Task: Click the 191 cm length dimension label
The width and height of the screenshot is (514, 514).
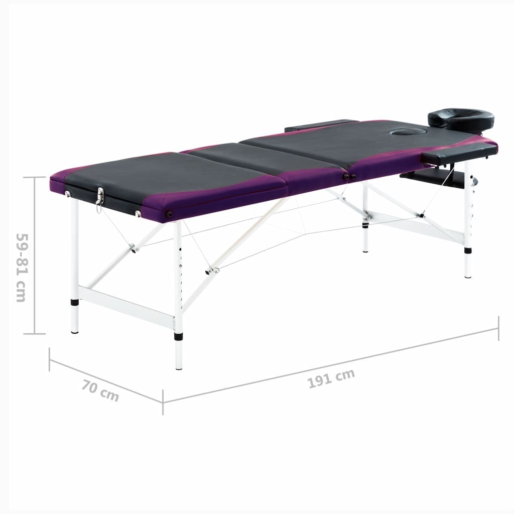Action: (x=331, y=378)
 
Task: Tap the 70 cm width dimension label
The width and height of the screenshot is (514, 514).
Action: (x=100, y=391)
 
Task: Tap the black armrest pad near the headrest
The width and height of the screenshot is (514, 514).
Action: (x=459, y=152)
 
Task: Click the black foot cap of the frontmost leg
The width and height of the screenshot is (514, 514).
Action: (x=178, y=336)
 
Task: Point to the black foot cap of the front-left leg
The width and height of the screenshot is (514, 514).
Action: (x=75, y=302)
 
